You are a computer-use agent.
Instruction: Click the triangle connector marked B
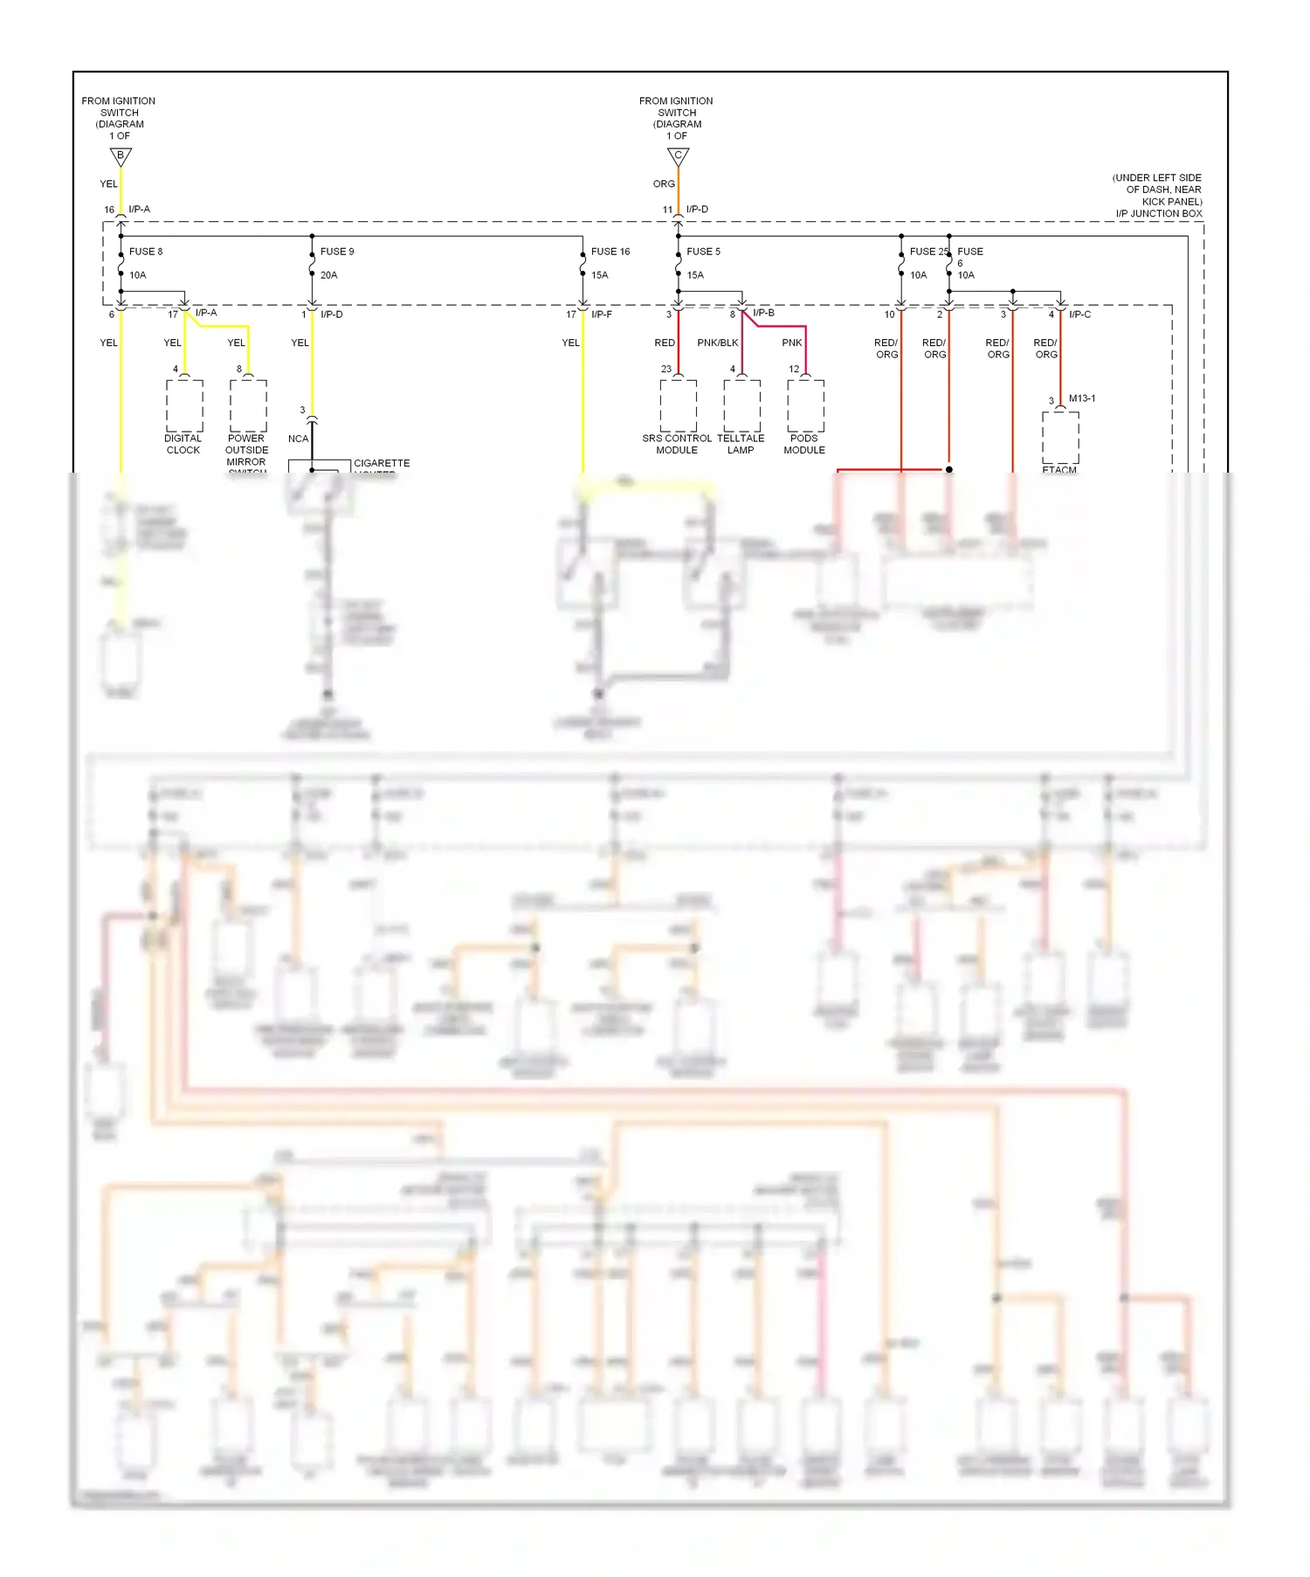pos(121,156)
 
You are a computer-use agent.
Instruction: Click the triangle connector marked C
pos(679,156)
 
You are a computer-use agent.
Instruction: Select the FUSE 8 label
pos(146,252)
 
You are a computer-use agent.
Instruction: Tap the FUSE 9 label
pos(337,252)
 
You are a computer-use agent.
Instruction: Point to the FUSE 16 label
pos(610,252)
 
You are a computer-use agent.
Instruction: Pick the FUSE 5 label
pos(703,252)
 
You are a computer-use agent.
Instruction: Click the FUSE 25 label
pos(928,252)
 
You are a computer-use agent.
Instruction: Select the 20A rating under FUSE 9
pos(328,275)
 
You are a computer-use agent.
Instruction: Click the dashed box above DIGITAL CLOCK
pos(184,405)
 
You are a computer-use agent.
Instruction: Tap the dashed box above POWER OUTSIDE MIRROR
pos(248,405)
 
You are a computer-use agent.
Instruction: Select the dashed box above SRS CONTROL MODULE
pos(679,405)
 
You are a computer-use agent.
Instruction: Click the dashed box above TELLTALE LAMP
pos(741,405)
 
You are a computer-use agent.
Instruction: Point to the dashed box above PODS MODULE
pos(805,405)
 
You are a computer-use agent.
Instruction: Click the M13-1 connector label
pos(1082,398)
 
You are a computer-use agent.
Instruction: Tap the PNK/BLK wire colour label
pos(717,342)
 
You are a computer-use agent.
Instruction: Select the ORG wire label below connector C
pos(664,184)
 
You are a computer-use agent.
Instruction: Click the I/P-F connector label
pos(602,315)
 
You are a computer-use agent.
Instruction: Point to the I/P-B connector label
pos(763,313)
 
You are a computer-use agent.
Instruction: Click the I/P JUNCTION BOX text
pos(1159,213)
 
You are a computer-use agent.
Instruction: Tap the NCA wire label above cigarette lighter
pos(298,439)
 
